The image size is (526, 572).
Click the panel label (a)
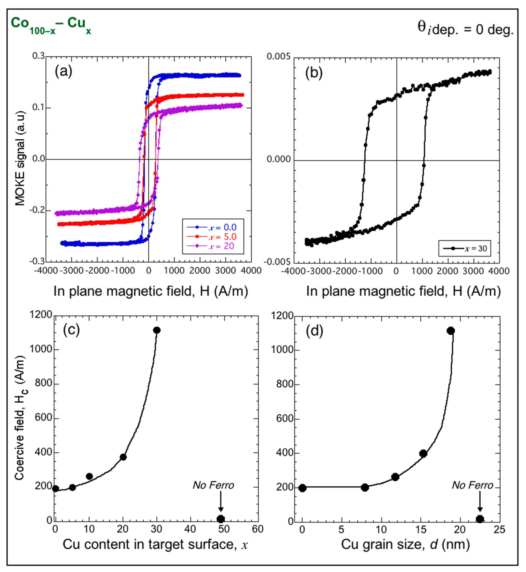[x=63, y=71]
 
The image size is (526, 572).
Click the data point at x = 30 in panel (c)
[x=156, y=330]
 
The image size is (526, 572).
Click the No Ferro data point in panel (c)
[x=221, y=519]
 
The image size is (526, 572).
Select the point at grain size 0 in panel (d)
[x=303, y=488]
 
